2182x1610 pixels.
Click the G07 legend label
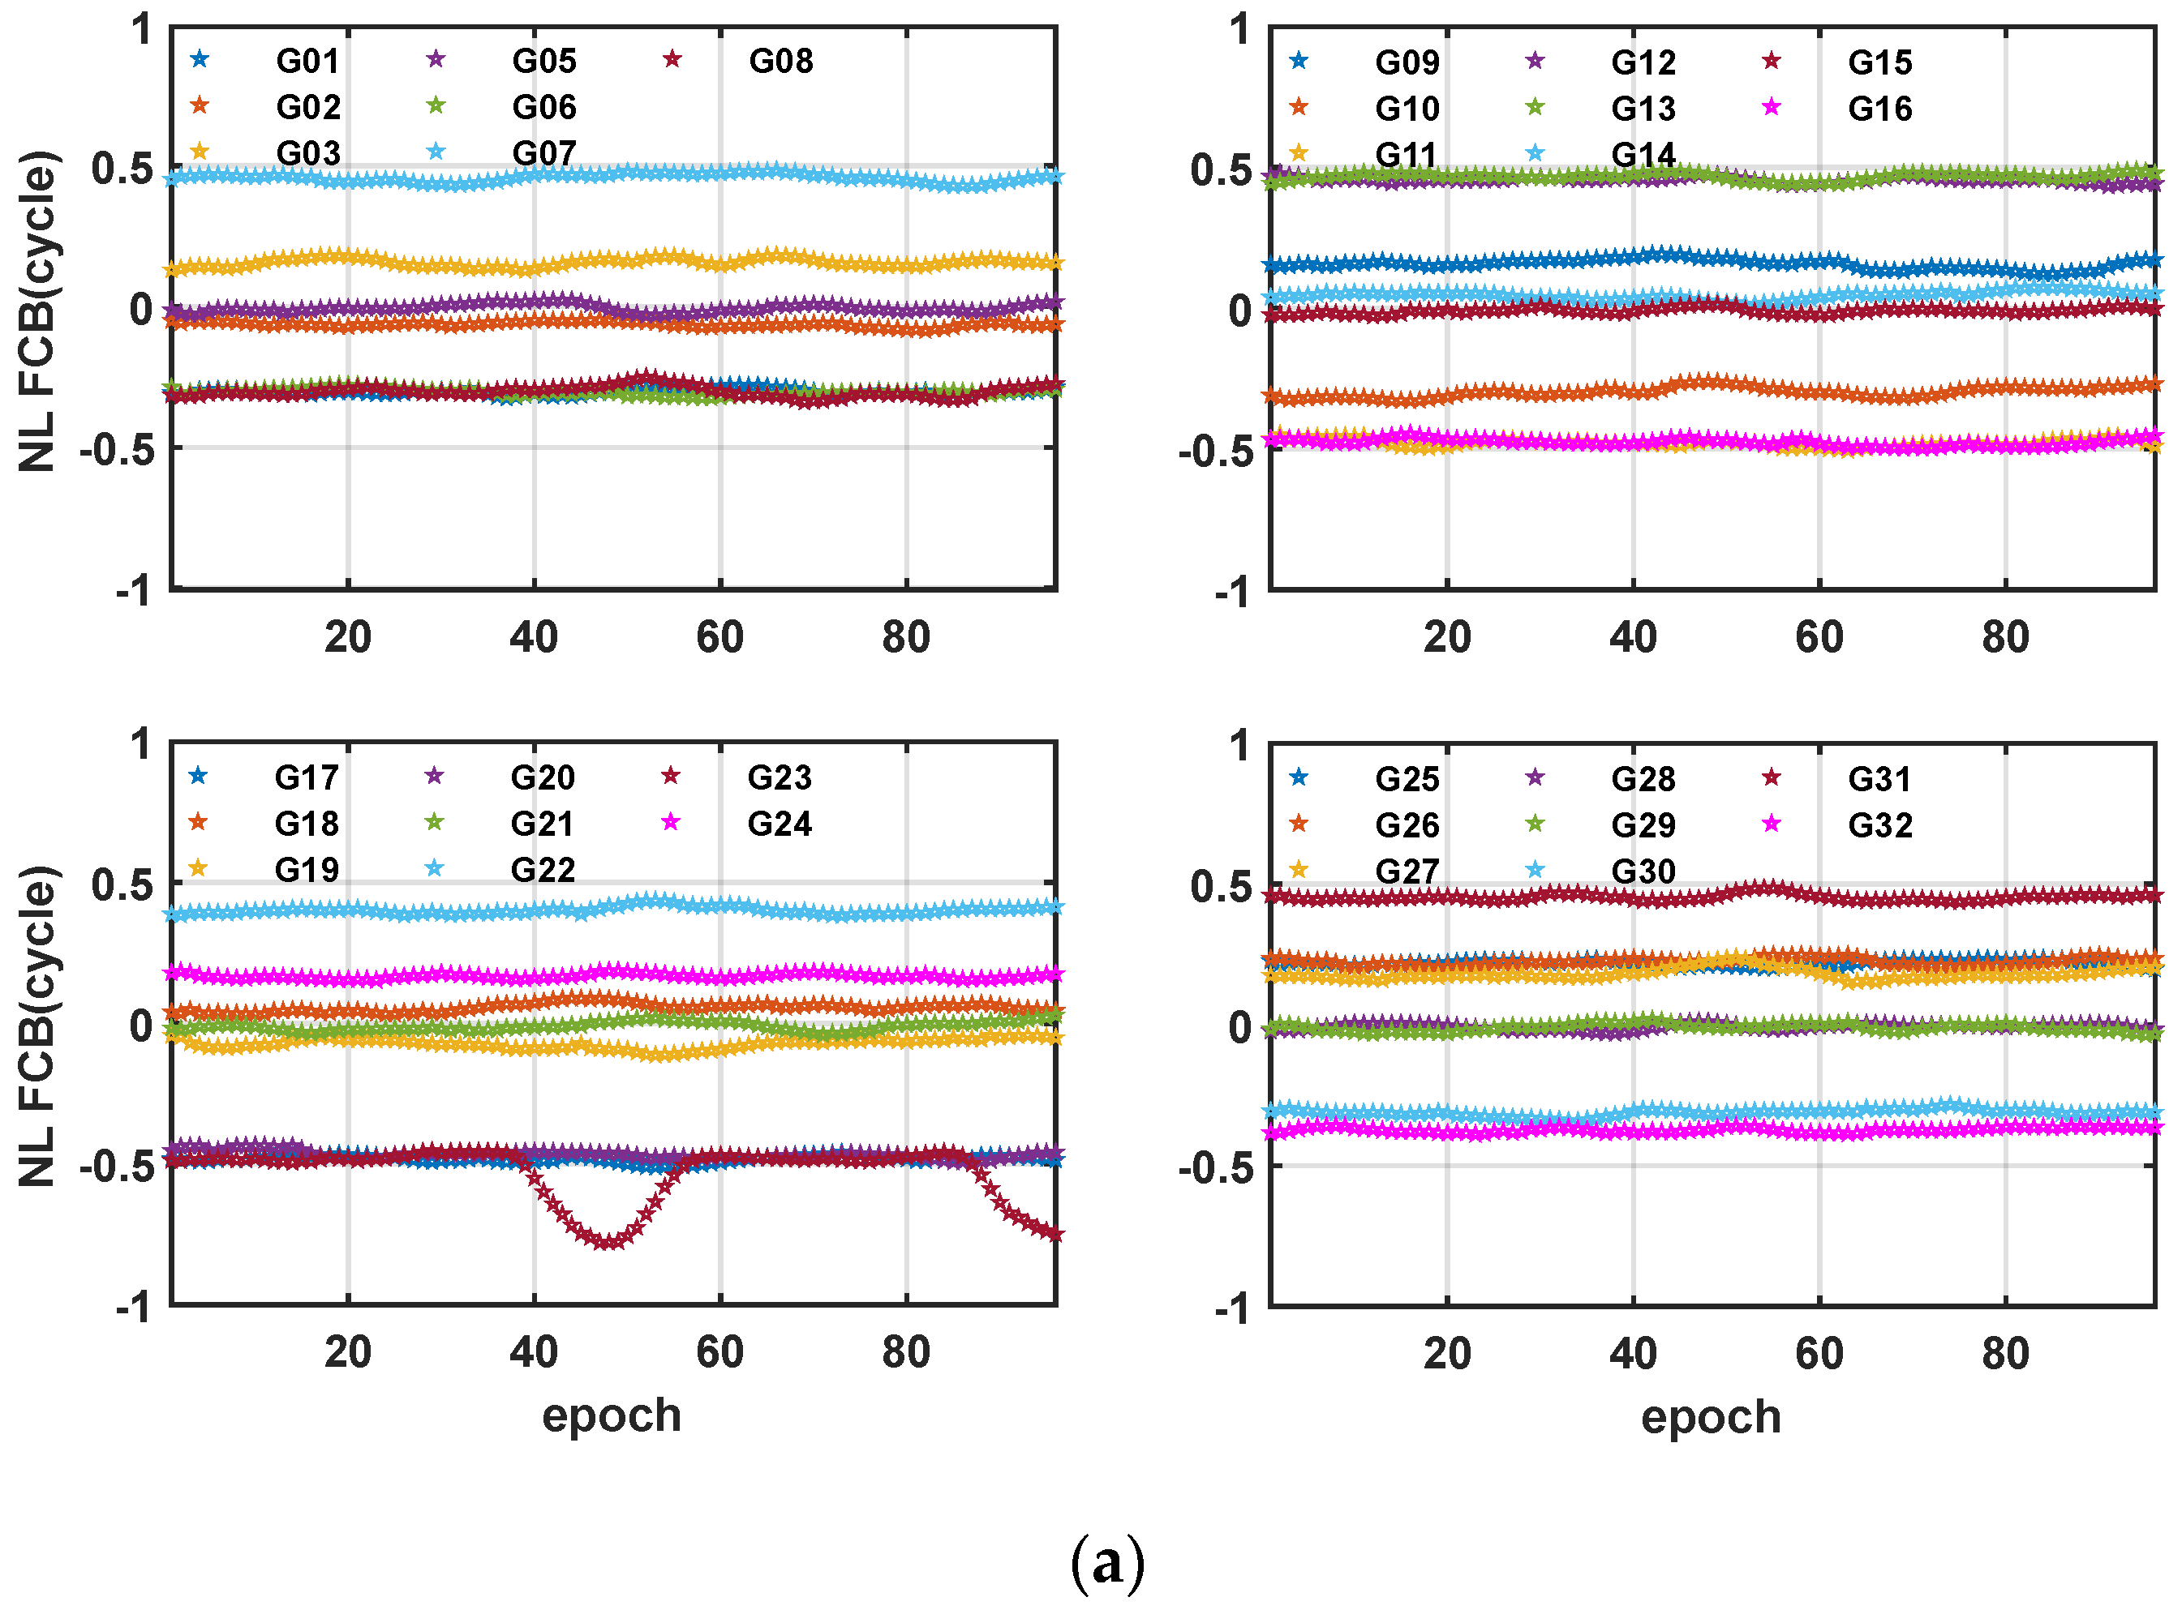[544, 153]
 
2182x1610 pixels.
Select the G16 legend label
[1879, 108]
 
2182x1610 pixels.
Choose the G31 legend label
[1879, 779]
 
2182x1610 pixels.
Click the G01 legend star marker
[200, 59]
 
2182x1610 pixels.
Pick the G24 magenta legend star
[671, 823]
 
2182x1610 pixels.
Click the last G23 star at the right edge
[1054, 1235]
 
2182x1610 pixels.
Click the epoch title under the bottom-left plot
[612, 1415]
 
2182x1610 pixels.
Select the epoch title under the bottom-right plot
[1710, 1416]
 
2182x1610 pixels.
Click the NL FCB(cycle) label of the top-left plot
[39, 310]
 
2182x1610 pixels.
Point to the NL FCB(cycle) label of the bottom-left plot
[39, 1026]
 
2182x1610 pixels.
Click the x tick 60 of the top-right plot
[1819, 637]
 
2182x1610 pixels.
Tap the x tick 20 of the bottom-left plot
[348, 1353]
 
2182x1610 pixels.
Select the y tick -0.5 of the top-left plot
[116, 450]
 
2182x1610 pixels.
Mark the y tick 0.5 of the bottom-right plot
[1221, 887]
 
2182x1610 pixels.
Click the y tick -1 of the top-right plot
[1232, 591]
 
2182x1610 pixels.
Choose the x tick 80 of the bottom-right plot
[2004, 1354]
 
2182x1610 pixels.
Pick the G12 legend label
[1643, 62]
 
